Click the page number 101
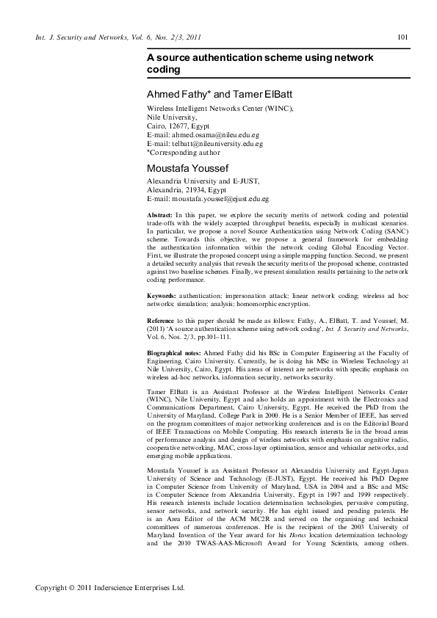coord(402,37)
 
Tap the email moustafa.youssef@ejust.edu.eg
coord(218,198)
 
